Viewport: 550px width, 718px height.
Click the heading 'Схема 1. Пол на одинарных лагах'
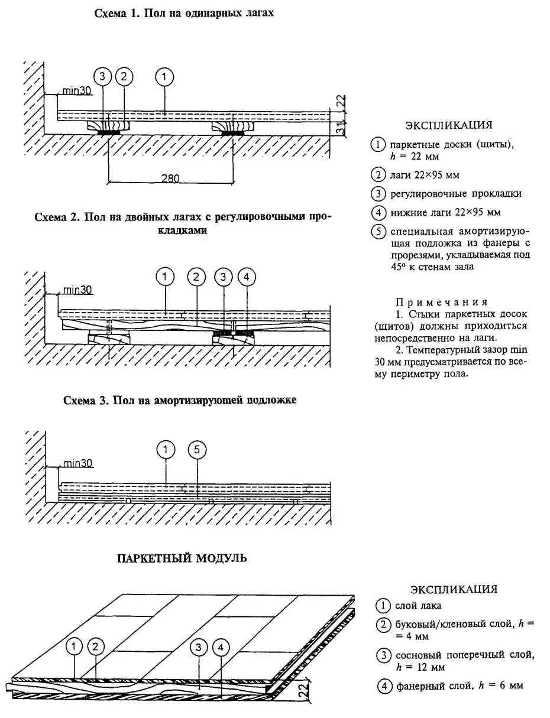click(x=184, y=14)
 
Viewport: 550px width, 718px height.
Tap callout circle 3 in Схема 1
click(x=103, y=76)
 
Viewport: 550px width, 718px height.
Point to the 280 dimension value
click(x=170, y=178)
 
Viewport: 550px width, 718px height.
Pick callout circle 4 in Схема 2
click(x=246, y=277)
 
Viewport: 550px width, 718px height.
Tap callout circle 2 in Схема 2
click(x=196, y=277)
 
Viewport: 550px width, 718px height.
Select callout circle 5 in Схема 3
click(x=198, y=451)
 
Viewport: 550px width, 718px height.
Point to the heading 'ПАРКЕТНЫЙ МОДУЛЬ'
click(x=182, y=558)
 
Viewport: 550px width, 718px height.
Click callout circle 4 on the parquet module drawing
click(x=221, y=647)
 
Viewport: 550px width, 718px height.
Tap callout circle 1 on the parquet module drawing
click(x=74, y=647)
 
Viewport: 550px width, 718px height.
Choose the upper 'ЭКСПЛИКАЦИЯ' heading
click(x=449, y=125)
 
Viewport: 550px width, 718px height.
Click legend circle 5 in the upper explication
click(x=377, y=232)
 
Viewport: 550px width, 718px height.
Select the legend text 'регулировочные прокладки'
click(x=455, y=193)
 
